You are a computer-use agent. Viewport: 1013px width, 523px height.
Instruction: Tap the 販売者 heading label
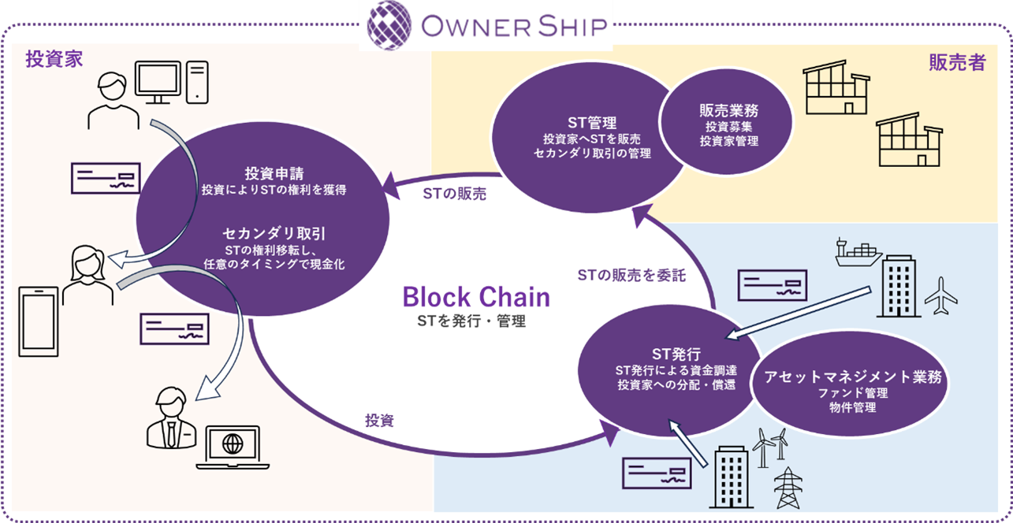[x=957, y=63]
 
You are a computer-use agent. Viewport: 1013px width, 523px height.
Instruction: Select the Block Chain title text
[x=476, y=297]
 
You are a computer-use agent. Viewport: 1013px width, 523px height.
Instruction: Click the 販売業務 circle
[x=728, y=124]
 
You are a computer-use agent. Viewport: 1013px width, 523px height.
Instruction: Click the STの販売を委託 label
[x=631, y=275]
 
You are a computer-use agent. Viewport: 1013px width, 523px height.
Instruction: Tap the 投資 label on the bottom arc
[x=379, y=421]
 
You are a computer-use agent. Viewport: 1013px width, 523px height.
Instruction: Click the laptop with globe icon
[x=233, y=445]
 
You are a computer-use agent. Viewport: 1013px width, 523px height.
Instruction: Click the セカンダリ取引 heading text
[x=263, y=234]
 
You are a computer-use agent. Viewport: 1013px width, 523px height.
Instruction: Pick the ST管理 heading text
[x=591, y=123]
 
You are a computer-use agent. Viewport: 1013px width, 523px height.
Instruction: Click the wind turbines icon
[x=770, y=445]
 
